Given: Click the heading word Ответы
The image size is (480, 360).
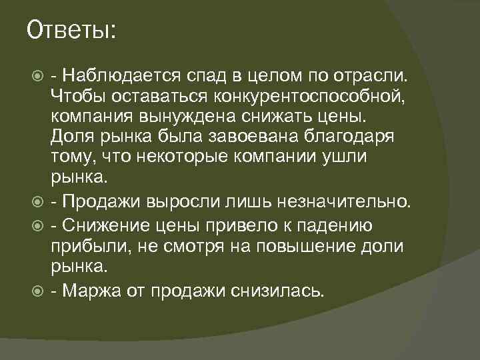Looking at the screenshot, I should click(71, 30).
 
